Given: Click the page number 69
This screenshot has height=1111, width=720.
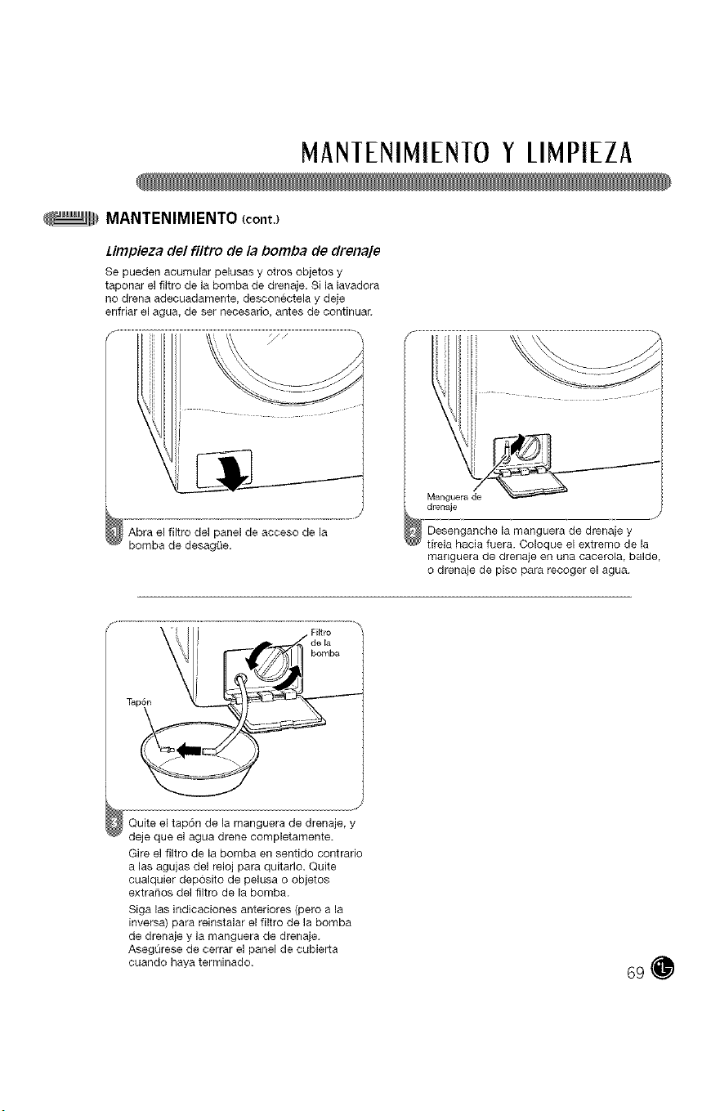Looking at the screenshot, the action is [635, 974].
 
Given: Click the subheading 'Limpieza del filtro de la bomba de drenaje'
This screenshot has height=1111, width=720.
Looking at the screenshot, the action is [243, 252].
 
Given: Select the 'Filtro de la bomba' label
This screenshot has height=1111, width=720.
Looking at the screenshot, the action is [324, 643].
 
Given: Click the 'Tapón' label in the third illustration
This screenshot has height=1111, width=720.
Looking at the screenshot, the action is [139, 702].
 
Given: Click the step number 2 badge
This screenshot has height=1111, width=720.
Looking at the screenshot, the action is [413, 533].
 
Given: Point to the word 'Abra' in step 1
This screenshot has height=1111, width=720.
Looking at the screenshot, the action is [138, 533].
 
